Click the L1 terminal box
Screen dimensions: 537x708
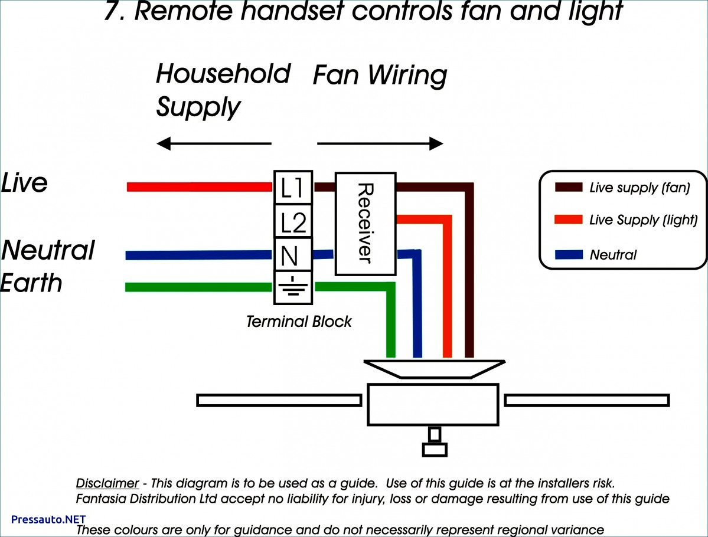click(x=293, y=188)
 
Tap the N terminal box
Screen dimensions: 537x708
click(x=293, y=256)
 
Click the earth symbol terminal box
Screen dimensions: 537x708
click(x=293, y=289)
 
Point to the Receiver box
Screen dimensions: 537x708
click(x=365, y=224)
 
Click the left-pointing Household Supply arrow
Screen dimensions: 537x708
click(x=213, y=143)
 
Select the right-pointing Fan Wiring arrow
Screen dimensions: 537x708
click(x=380, y=143)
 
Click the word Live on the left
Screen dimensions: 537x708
click(x=24, y=183)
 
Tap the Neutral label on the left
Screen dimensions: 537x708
click(x=48, y=250)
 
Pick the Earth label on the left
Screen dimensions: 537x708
click(x=32, y=283)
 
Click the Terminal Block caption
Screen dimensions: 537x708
click(x=299, y=322)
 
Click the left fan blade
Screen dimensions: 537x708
click(x=279, y=401)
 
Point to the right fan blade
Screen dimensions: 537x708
click(x=586, y=400)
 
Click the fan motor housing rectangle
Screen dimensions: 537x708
click(x=433, y=404)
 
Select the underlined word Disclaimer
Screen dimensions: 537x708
click(x=107, y=483)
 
